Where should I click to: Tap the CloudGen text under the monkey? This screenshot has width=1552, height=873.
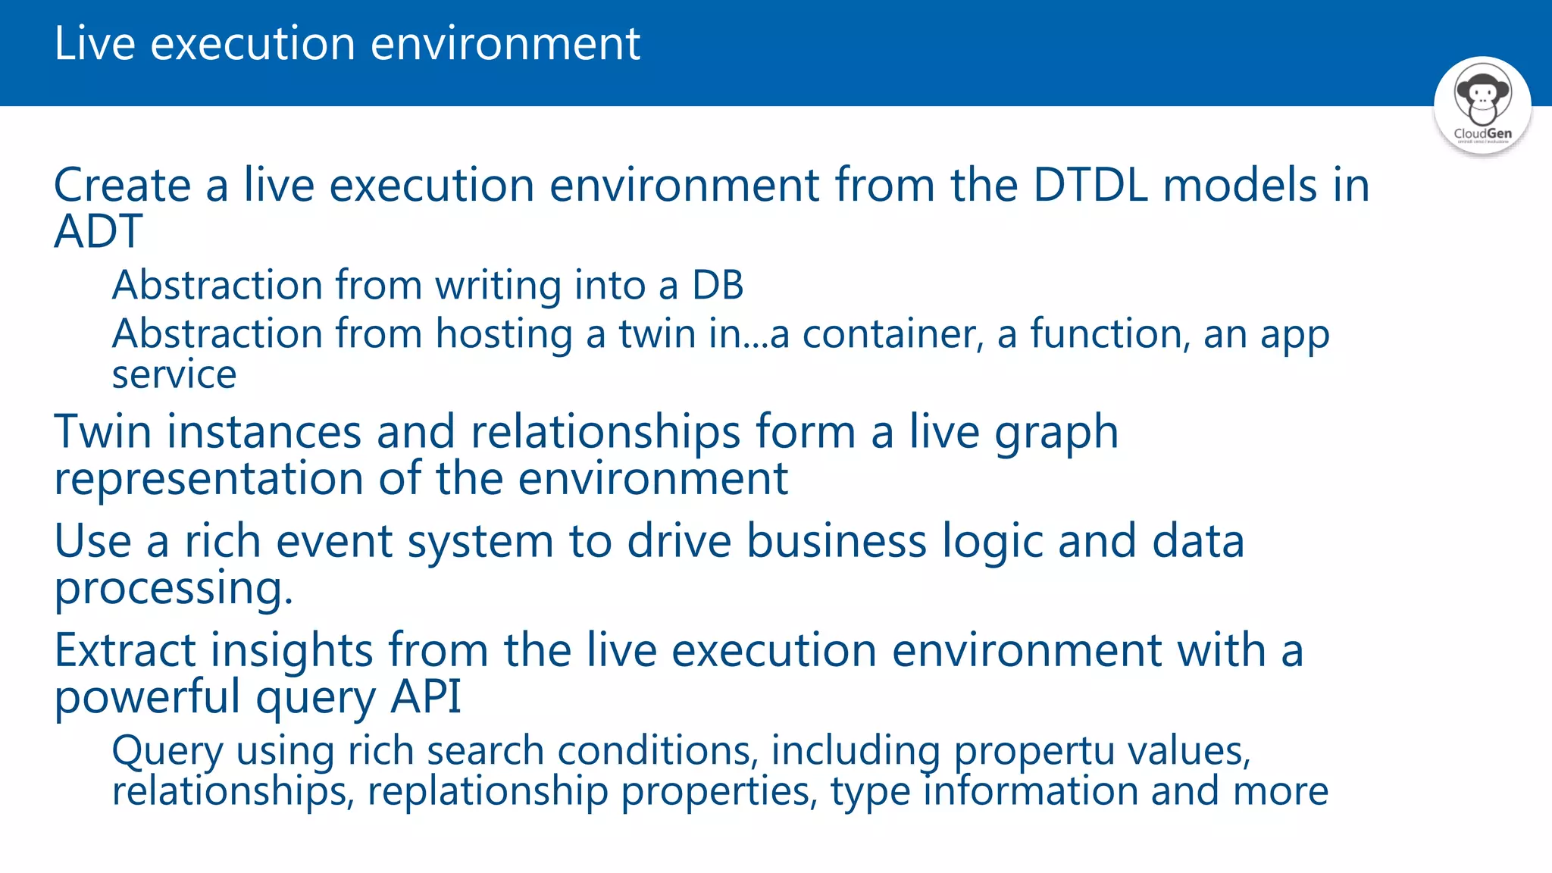pyautogui.click(x=1482, y=133)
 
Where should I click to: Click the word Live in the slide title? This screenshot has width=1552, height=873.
pyautogui.click(x=95, y=44)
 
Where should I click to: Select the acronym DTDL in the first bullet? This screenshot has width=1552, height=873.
pyautogui.click(x=1090, y=186)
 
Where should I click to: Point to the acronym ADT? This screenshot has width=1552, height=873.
pyautogui.click(x=98, y=232)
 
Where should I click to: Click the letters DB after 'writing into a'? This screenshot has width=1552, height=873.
pyautogui.click(x=717, y=286)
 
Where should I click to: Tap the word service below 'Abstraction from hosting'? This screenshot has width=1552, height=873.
pyautogui.click(x=174, y=375)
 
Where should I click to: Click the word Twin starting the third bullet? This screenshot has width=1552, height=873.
pyautogui.click(x=103, y=432)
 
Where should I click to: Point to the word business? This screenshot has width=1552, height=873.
pyautogui.click(x=837, y=542)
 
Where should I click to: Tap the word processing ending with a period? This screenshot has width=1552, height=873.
pyautogui.click(x=174, y=590)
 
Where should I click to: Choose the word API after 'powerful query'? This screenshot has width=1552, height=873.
pyautogui.click(x=425, y=697)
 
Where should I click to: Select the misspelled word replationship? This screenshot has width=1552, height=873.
pyautogui.click(x=488, y=792)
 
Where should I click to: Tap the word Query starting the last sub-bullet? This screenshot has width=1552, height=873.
pyautogui.click(x=167, y=752)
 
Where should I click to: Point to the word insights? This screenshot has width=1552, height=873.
pyautogui.click(x=292, y=651)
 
